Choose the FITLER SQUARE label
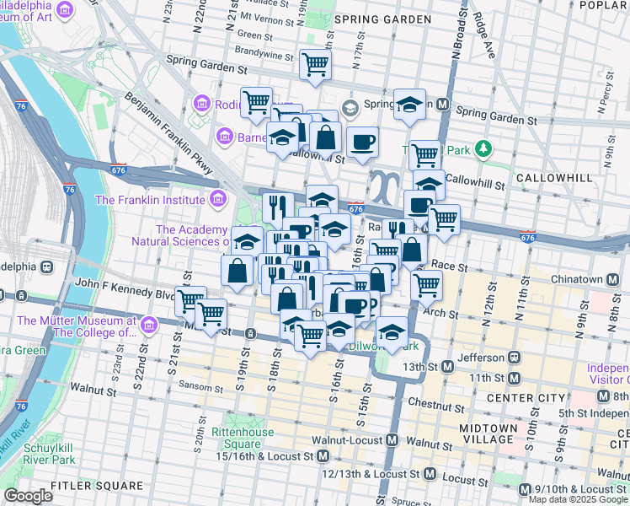(x=96, y=486)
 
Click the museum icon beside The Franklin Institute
(x=218, y=200)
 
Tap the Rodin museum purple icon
(x=201, y=103)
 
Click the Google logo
(x=28, y=496)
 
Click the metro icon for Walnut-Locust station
(x=392, y=440)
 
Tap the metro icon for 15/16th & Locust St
(x=323, y=456)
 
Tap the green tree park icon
(x=483, y=149)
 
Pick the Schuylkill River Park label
(x=38, y=453)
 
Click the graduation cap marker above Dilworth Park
(x=392, y=332)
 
